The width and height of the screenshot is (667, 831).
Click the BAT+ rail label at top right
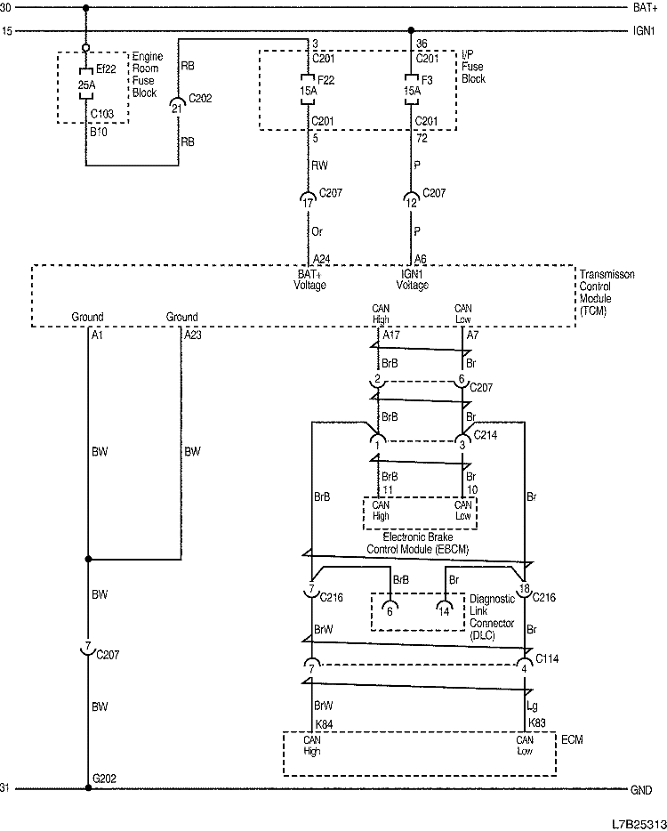(645, 8)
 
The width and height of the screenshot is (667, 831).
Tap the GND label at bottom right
(642, 789)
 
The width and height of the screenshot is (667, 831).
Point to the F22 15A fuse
(309, 89)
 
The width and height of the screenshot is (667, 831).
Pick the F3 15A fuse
(411, 89)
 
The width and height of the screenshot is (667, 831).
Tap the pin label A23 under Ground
(193, 335)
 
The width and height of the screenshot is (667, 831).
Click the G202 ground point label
(104, 779)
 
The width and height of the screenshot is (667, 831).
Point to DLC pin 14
(444, 610)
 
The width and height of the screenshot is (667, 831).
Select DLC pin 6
(390, 610)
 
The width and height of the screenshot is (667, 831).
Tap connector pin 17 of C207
(309, 202)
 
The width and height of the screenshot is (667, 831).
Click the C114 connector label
(547, 658)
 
